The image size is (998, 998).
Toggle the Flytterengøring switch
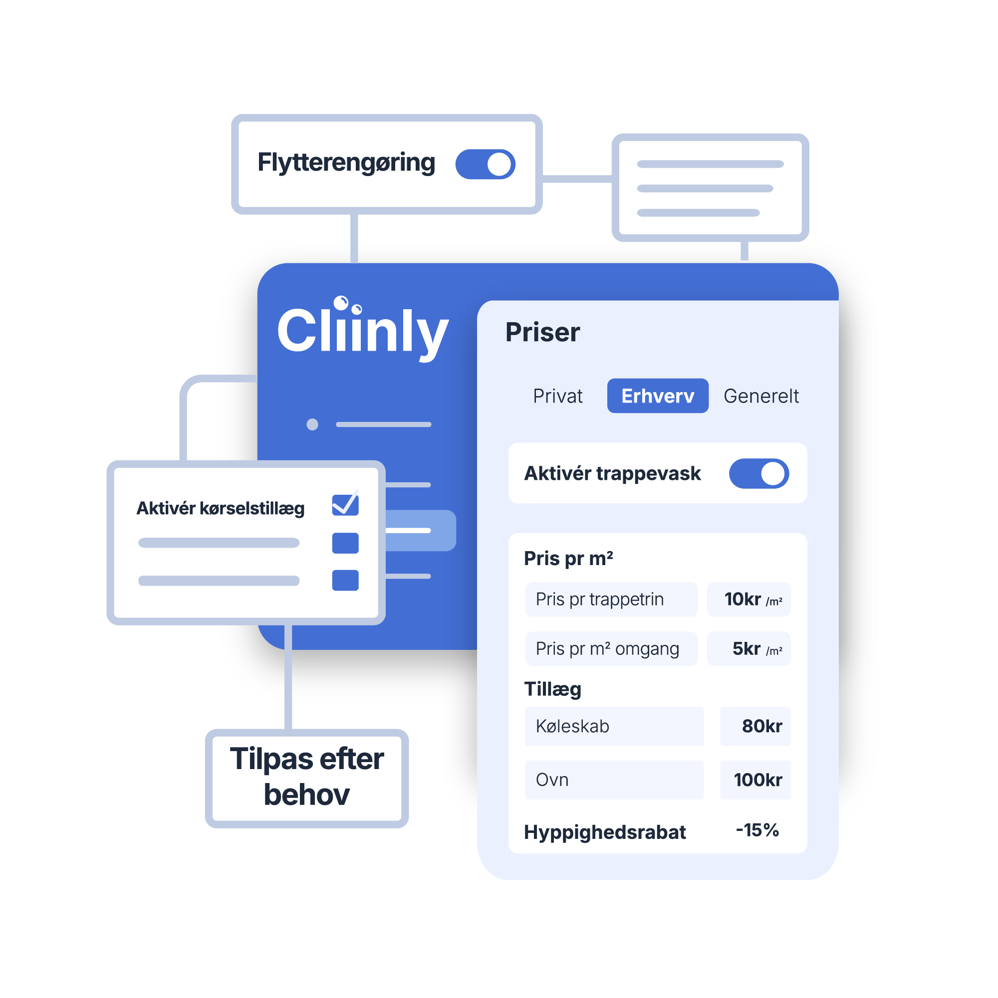coord(485,164)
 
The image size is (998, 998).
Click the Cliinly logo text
coord(363,329)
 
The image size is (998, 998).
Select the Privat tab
coord(558,396)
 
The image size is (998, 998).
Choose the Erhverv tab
coord(657,396)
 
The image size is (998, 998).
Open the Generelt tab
coord(761,396)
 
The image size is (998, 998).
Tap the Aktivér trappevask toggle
coord(758,473)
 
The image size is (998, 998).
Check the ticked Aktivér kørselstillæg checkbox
coord(345,505)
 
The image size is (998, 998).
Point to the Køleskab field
coord(614,726)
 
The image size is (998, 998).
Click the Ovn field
coord(614,780)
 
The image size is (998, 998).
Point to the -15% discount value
coord(757,830)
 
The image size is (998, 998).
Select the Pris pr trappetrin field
coord(611,599)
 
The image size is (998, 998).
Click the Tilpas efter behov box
coord(307,778)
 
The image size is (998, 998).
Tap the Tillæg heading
coord(552,690)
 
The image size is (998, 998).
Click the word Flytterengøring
coord(346,163)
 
